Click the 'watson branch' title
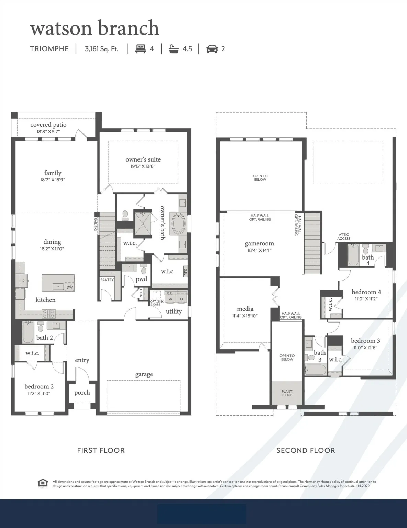point(95,28)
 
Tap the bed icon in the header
point(141,49)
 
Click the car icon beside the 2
point(212,49)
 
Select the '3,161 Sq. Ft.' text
point(101,49)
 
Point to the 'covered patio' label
point(48,125)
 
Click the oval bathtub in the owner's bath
point(179,224)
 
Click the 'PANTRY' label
point(107,280)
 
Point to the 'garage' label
point(144,374)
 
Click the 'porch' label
point(82,393)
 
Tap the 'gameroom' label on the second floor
point(259,244)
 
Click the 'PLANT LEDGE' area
point(287,393)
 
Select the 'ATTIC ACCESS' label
point(343,236)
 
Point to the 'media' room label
point(245,309)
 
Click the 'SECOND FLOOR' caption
point(306,450)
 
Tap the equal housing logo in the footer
point(43,483)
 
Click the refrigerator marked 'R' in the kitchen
point(23,281)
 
